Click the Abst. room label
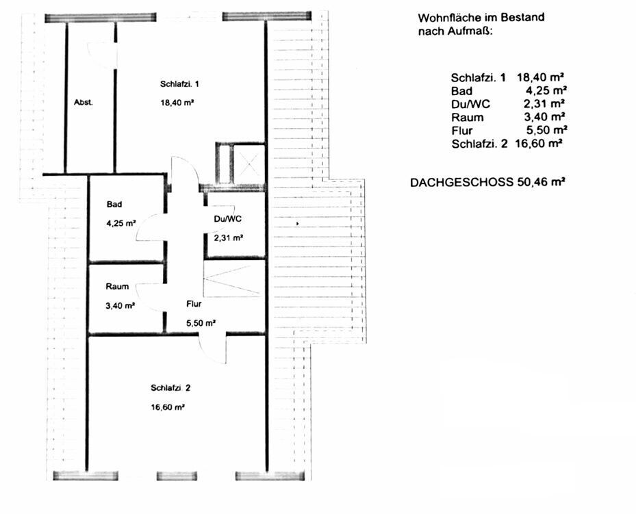(83, 102)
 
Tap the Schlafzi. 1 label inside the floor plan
(179, 84)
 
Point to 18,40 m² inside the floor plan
(177, 103)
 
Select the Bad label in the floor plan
(114, 205)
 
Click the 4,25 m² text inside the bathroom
(120, 223)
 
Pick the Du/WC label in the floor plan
(227, 219)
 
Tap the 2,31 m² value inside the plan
(229, 237)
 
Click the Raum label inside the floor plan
(117, 287)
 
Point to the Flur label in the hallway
(194, 304)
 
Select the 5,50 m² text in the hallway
(201, 323)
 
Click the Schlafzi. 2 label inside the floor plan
(170, 388)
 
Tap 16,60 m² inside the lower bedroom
(168, 407)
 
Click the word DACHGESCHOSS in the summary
(461, 183)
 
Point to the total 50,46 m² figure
(541, 181)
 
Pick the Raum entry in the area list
(468, 118)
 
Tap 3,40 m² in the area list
(544, 117)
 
